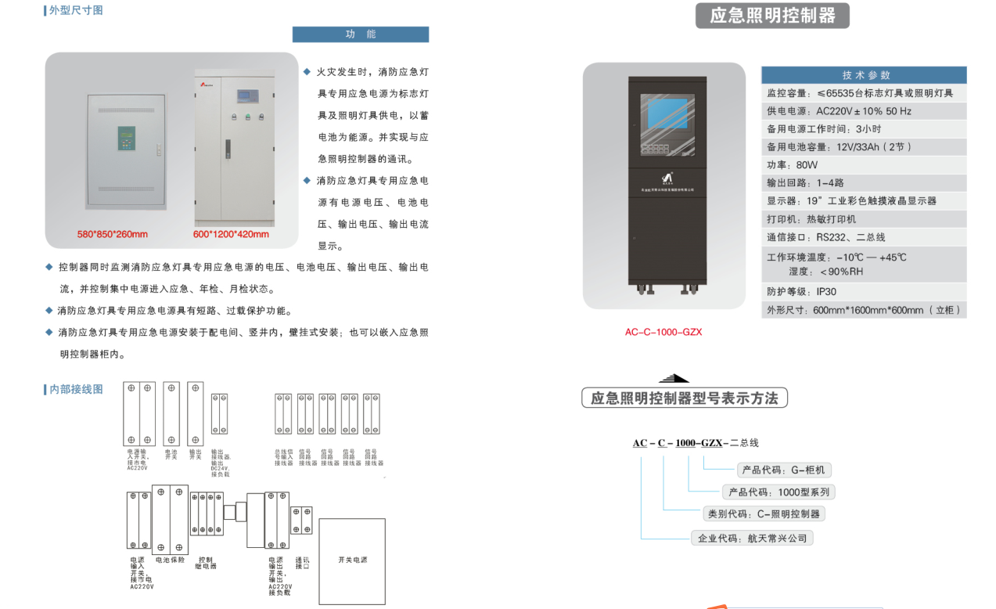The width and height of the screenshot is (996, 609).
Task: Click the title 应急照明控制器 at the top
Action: pos(771,16)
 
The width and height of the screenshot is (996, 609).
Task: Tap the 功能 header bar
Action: pos(361,34)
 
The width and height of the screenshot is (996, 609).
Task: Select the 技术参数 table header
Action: pos(865,75)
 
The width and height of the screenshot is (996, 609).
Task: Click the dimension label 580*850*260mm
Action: pos(112,234)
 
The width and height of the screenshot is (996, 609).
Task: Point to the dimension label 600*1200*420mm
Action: pos(231,234)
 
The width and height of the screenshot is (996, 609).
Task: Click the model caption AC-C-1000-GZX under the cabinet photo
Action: pos(663,332)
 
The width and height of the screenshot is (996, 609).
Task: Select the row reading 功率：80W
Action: pos(792,165)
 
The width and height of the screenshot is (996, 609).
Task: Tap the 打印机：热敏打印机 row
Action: pos(811,219)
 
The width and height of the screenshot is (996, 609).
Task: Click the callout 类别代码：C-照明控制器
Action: pos(764,514)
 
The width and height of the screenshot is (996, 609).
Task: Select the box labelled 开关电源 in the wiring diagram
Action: pos(352,560)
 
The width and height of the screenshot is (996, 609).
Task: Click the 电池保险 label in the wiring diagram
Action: pos(170,560)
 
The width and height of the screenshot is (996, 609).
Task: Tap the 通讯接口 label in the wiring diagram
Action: pos(302,563)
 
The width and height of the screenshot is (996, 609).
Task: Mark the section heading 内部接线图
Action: pos(75,389)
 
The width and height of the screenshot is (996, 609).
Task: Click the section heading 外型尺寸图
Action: pos(75,10)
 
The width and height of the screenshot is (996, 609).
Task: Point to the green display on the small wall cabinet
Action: pos(126,138)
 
